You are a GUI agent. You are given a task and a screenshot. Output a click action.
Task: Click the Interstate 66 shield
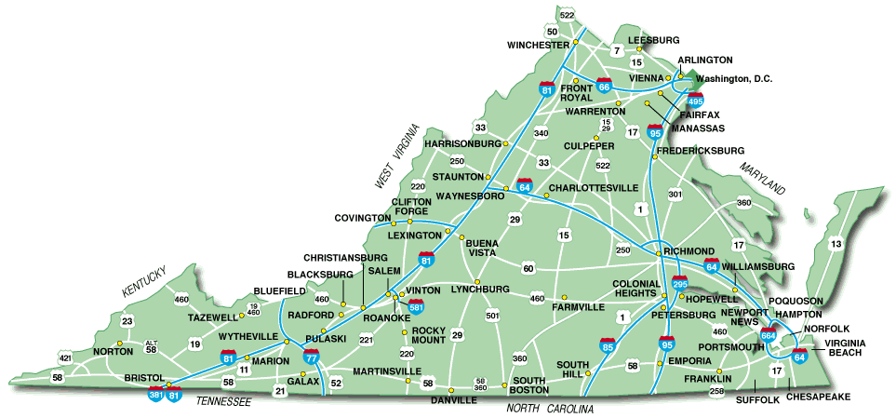tap(605, 86)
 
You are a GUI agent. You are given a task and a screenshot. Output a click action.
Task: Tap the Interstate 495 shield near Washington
tap(695, 100)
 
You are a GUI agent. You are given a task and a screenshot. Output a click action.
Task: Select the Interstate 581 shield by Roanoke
tap(417, 304)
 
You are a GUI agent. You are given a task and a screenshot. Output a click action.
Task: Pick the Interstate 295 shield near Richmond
tap(680, 282)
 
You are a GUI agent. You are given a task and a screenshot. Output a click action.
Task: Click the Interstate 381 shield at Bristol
tap(156, 394)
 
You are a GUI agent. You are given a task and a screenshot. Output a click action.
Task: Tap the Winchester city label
tap(538, 46)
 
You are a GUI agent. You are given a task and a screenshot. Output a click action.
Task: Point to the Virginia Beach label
tap(843, 348)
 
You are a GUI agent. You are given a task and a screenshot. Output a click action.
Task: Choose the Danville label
tap(454, 400)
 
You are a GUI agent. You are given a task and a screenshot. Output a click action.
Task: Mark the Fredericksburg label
tap(701, 150)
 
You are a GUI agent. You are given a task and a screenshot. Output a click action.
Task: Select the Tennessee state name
tap(223, 401)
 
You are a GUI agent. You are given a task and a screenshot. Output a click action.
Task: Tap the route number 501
tap(492, 317)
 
